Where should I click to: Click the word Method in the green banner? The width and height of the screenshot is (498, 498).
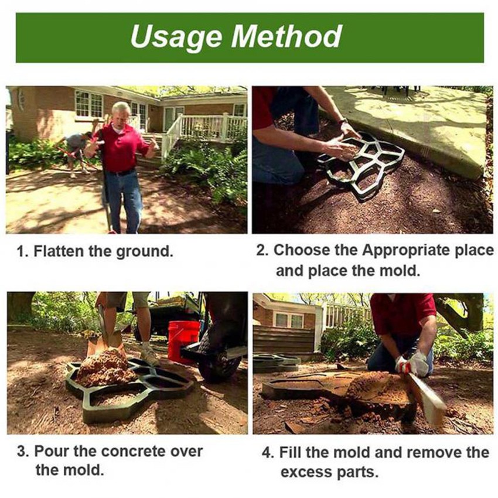(287, 36)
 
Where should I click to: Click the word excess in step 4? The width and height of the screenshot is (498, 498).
(305, 472)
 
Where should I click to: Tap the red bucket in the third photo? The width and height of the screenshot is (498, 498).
(183, 342)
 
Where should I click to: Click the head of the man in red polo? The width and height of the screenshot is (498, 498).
(121, 114)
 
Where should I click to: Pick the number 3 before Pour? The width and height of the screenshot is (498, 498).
(22, 451)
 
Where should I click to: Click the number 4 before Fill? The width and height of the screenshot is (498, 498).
(267, 452)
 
